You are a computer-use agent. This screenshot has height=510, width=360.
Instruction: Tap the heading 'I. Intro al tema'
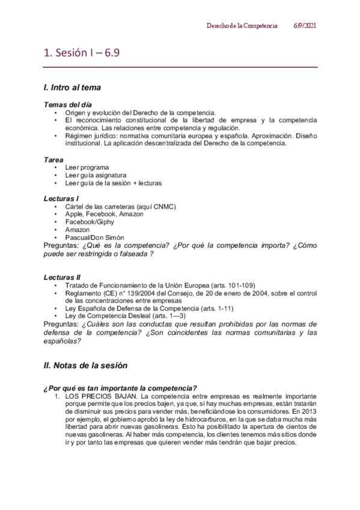point(72,88)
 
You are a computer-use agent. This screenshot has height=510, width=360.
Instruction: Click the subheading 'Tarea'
point(53,159)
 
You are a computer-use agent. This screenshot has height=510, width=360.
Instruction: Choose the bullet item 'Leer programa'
point(87,167)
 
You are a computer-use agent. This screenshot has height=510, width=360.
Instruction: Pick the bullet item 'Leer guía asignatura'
point(96,175)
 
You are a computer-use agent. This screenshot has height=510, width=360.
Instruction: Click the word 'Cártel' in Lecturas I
point(76,206)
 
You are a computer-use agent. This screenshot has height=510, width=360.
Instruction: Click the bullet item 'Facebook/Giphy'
point(90,222)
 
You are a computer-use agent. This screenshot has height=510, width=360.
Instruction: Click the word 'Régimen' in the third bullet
point(79,136)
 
